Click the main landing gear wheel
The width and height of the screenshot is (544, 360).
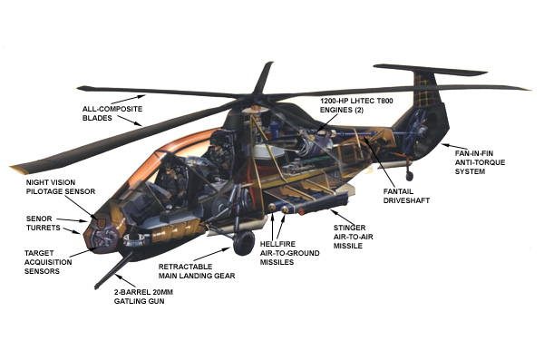tap(243, 242)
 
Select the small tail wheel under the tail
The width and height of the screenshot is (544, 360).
tap(410, 175)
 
